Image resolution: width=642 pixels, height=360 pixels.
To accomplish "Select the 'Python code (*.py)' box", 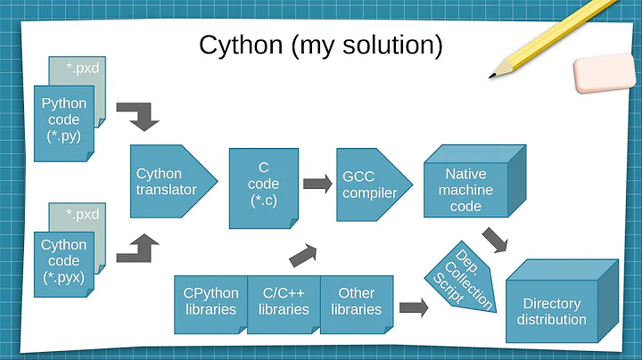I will coord(63,120).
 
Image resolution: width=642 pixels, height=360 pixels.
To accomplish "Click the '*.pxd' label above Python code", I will coord(83,66).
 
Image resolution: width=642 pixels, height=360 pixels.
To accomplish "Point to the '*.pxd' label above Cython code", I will coord(83,214).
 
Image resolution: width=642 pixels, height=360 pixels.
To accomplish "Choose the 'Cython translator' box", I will coord(165,182).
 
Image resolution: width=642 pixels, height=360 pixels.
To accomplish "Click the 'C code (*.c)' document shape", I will coord(262,184).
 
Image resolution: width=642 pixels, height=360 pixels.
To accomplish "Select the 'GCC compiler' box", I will coord(366,184).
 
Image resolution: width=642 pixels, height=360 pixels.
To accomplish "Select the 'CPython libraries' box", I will coord(210,301).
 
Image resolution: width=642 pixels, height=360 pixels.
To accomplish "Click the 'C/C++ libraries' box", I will coord(284,301).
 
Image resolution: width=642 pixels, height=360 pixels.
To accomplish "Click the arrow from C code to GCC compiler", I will coord(316,184).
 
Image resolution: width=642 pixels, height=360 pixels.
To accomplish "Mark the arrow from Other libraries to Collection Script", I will coord(412,308).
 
